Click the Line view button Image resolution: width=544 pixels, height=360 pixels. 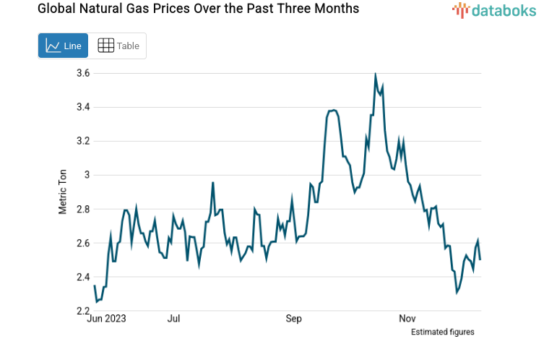click(63, 46)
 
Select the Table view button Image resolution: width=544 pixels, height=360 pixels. click(118, 46)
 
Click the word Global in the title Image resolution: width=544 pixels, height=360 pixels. click(35, 9)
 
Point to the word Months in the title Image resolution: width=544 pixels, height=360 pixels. click(337, 9)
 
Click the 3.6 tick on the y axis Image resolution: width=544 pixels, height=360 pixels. click(82, 73)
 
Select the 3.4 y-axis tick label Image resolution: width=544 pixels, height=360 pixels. click(82, 107)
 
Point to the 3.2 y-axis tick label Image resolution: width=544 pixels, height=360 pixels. click(82, 141)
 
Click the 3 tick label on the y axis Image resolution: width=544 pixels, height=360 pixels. click(86, 175)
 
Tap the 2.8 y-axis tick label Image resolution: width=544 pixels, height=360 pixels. click(82, 209)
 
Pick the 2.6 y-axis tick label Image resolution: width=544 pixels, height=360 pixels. click(82, 243)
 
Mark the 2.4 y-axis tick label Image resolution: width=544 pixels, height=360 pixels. click(82, 277)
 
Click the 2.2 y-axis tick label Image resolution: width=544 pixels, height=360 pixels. click(82, 311)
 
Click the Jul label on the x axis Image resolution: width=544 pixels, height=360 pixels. click(173, 318)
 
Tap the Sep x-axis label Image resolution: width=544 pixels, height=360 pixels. click(293, 318)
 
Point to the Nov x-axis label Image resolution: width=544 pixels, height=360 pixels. click(407, 318)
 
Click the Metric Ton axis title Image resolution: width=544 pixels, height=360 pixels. click(64, 192)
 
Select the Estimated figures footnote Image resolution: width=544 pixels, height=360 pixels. click(442, 332)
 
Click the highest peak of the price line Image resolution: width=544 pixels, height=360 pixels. click(376, 74)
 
